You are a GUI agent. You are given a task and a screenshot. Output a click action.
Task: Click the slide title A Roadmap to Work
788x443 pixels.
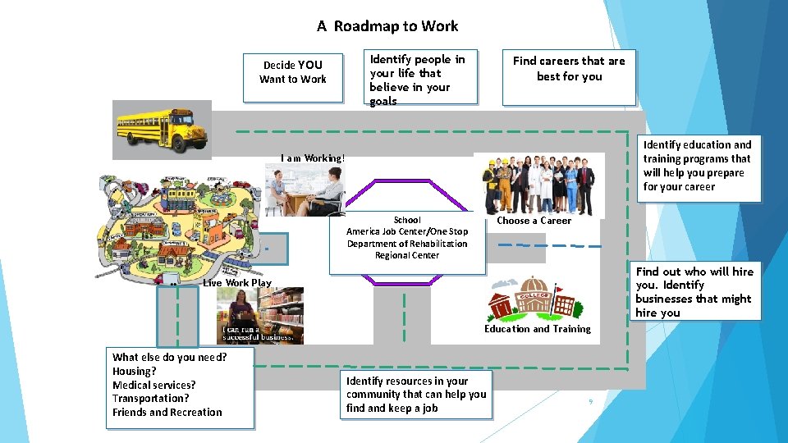pos(387,26)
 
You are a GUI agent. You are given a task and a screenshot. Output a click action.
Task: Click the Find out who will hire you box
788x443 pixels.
pos(694,291)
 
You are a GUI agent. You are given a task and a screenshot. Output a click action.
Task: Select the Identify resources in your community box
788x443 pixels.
pos(417,395)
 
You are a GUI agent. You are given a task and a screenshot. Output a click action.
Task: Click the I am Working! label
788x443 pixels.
pos(313,158)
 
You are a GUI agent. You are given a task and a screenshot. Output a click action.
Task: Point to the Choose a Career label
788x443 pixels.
pos(534,221)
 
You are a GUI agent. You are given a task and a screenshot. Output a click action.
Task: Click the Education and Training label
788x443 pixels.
pos(537,329)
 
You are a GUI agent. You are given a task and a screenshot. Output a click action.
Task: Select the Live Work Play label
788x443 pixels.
pos(237,283)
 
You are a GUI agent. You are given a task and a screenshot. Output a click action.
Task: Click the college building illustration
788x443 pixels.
pos(534,299)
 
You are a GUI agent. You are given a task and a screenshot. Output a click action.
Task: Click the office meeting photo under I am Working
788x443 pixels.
pos(304,190)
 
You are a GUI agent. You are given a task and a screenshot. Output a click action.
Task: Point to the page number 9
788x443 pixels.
pos(589,401)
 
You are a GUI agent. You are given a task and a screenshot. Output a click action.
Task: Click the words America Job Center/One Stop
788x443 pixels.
pos(407,231)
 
